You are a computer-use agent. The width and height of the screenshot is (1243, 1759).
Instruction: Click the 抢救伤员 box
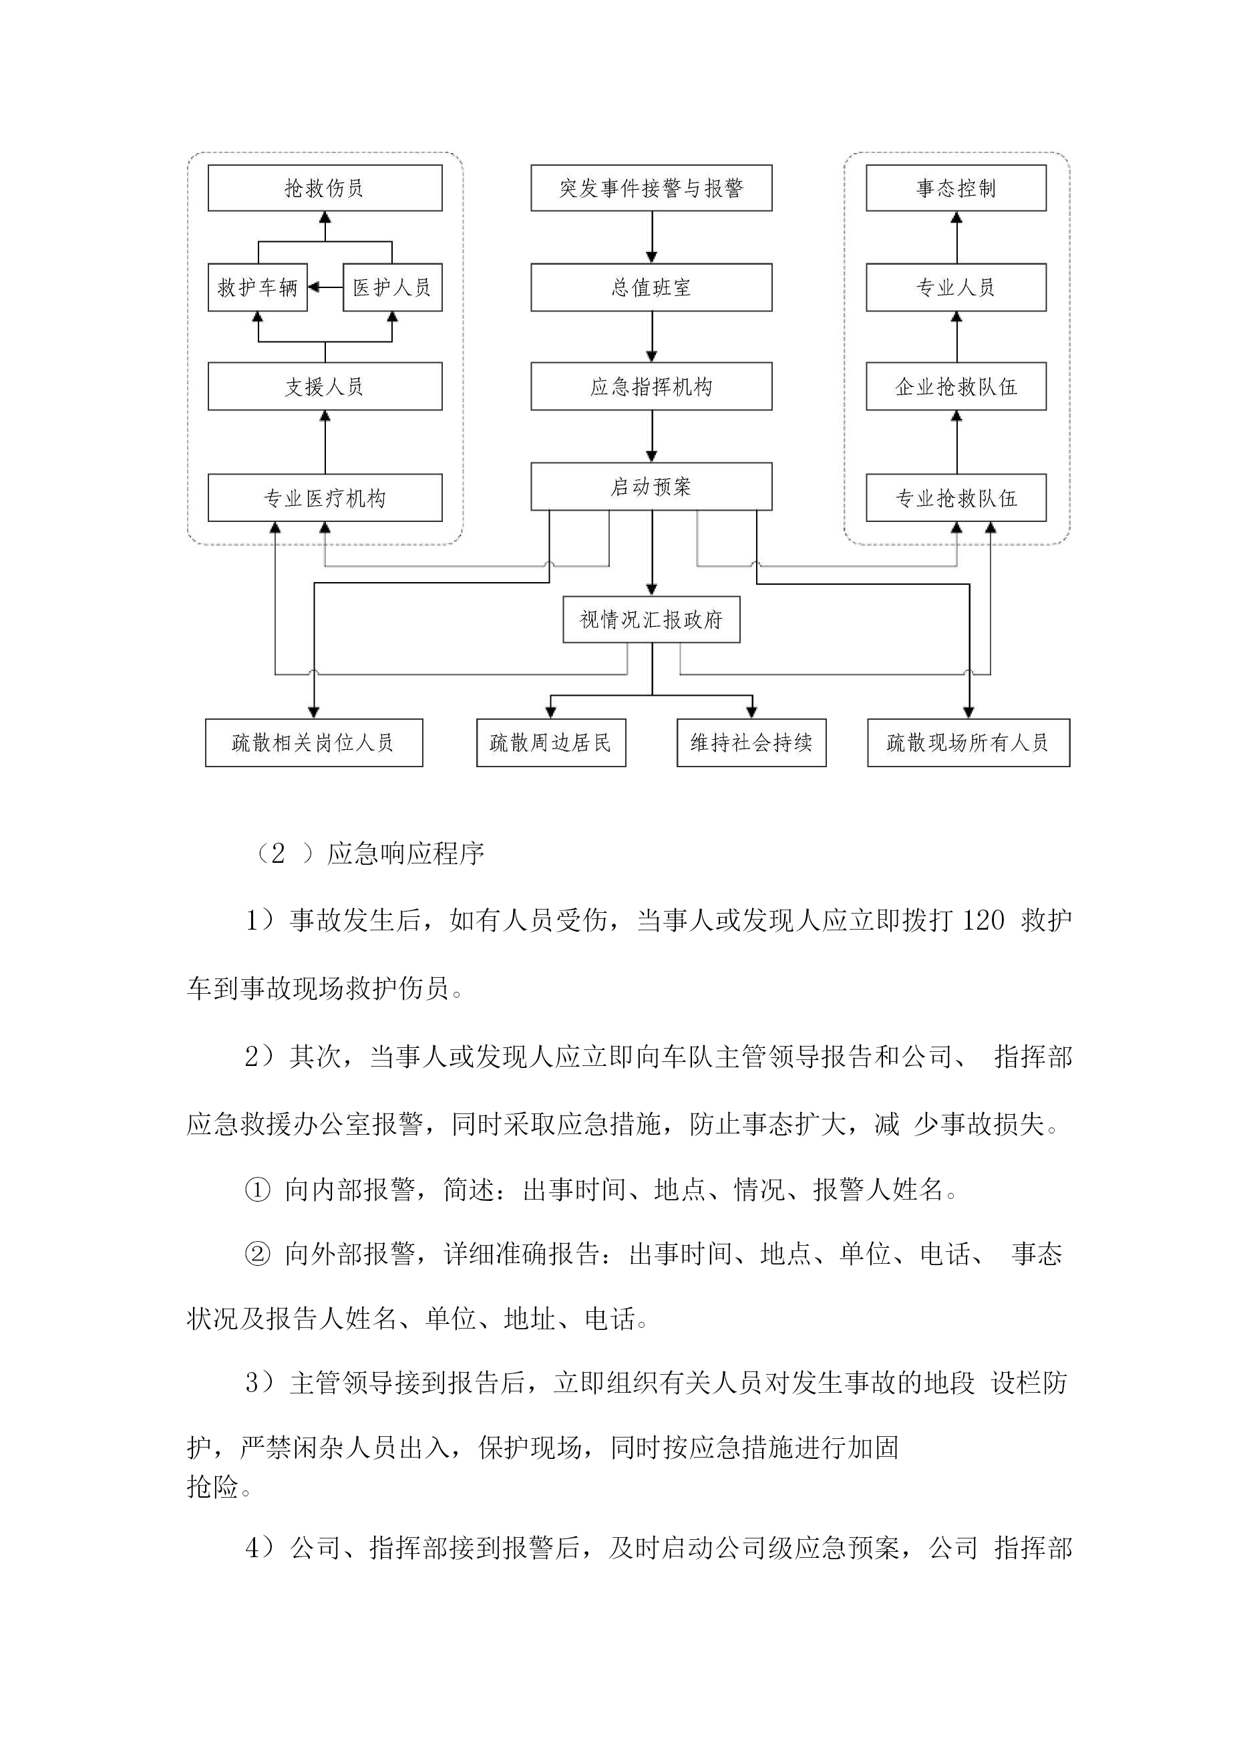[x=325, y=188]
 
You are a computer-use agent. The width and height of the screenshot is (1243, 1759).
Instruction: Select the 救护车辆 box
[x=257, y=287]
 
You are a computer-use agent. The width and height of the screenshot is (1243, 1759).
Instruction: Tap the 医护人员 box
[x=392, y=287]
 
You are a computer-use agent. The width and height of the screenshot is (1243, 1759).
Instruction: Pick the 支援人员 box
[x=325, y=386]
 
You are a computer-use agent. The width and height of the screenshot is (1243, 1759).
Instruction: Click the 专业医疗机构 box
[x=325, y=498]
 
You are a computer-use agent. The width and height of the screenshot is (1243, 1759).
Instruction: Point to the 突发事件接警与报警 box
[x=652, y=188]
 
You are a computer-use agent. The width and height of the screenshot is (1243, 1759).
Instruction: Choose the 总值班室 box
[x=652, y=287]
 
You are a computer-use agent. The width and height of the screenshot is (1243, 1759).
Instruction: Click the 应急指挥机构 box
[x=652, y=386]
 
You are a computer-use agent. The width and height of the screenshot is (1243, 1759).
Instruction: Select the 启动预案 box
[x=652, y=487]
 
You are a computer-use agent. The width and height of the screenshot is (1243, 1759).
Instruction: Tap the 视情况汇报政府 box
[x=652, y=619]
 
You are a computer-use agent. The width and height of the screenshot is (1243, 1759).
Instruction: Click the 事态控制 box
[x=956, y=188]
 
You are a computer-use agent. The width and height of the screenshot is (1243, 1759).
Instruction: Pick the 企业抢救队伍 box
[x=956, y=386]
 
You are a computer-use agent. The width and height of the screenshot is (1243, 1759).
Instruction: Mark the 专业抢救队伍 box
[x=956, y=498]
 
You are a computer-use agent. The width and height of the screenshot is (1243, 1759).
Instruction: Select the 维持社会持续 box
[x=751, y=742]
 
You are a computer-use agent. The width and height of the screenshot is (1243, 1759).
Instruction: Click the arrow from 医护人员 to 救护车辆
[x=325, y=287]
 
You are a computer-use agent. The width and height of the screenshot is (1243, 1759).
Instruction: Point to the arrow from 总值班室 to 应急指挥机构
[x=652, y=337]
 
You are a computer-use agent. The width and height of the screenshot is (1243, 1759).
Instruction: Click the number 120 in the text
[x=983, y=920]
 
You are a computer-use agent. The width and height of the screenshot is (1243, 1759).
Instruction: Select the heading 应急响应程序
[x=406, y=853]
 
